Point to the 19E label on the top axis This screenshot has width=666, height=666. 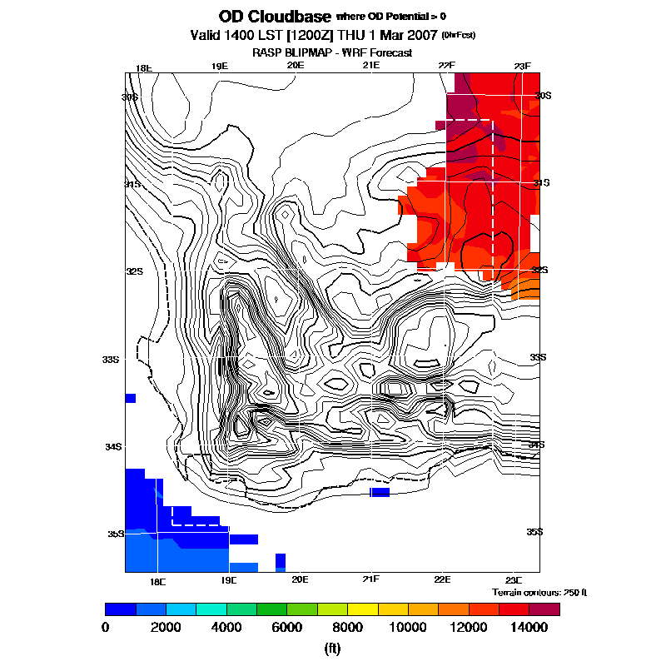[x=219, y=66]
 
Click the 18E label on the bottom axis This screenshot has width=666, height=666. [x=157, y=579]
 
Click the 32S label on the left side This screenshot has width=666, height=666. [x=135, y=271]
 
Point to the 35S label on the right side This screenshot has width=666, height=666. [x=534, y=532]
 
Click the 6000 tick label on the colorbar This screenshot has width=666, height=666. [x=287, y=626]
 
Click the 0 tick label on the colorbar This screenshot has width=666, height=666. [x=106, y=626]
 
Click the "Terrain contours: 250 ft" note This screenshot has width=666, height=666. [x=539, y=592]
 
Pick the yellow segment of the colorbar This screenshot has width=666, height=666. [x=362, y=609]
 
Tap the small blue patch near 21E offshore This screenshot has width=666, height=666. [x=380, y=493]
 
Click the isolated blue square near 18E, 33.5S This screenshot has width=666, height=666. [x=130, y=398]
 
